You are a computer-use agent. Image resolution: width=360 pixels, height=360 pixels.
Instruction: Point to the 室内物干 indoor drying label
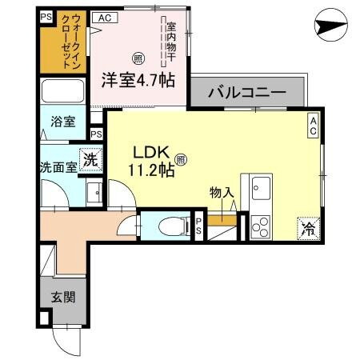[x=170, y=42]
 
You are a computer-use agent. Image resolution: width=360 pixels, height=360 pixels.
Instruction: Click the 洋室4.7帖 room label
[x=138, y=80]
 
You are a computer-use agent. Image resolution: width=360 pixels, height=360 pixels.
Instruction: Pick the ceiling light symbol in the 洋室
[x=137, y=58]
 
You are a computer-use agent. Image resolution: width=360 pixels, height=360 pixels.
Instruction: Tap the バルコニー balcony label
[x=247, y=93]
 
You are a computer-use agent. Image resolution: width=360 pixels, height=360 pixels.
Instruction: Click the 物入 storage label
[x=222, y=192]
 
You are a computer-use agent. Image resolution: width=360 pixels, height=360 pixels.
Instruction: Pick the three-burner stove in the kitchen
[x=261, y=226]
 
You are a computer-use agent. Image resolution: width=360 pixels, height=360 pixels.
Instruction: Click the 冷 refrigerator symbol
[x=308, y=228]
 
